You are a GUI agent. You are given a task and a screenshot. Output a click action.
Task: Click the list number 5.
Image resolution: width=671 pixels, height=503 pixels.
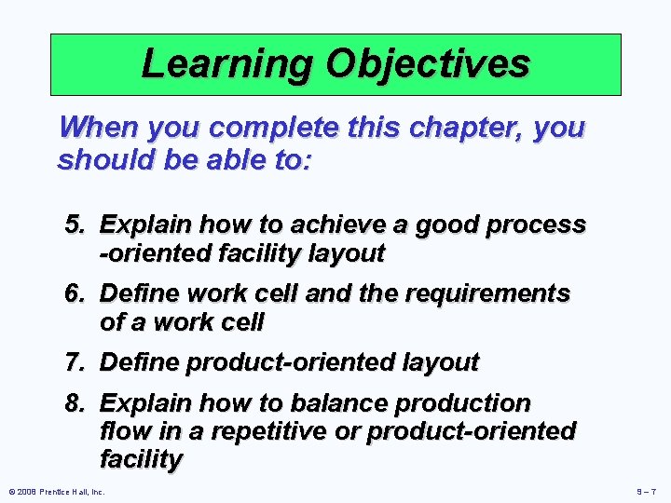[x=75, y=225]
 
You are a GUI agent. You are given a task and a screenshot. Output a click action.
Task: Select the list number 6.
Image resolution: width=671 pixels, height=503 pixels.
[x=75, y=294]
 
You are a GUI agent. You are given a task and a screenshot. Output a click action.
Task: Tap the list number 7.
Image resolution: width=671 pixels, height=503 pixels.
[x=75, y=362]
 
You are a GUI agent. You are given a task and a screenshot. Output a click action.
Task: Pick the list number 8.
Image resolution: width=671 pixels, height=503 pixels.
[x=75, y=404]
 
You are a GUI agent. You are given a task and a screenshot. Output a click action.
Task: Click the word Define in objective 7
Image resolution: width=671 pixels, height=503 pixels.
[x=142, y=362]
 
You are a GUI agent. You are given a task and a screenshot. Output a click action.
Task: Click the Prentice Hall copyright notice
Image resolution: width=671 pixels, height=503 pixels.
[x=56, y=491]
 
